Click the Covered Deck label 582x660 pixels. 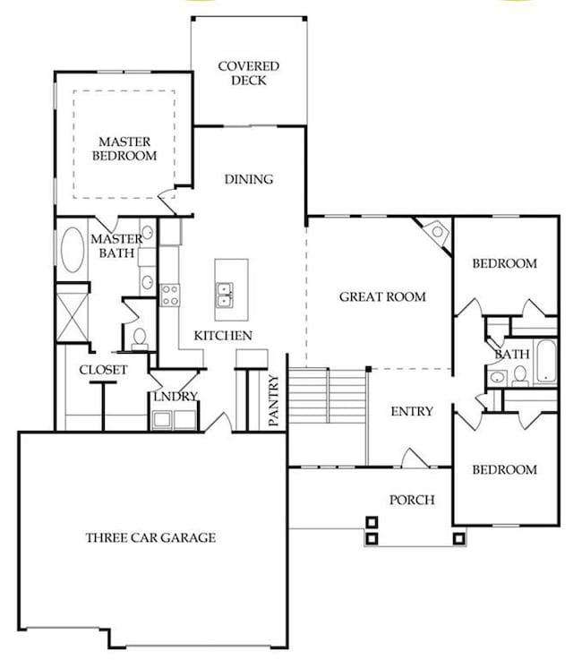point(248,73)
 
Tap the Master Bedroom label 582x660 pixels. point(124,149)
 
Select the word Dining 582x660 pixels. point(249,179)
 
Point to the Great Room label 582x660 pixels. point(382,296)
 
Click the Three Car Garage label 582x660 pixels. point(150,537)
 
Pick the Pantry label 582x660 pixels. point(273,400)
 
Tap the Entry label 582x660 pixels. point(412,411)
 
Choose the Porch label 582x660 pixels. point(412,500)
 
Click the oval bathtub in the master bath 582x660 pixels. point(73,250)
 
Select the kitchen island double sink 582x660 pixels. point(225,295)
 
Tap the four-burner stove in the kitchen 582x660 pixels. point(170,295)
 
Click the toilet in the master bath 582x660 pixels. point(140,339)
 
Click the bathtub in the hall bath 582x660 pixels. point(546,362)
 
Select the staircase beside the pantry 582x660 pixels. point(328,396)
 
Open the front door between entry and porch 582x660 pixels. point(415,459)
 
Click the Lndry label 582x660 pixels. point(175,397)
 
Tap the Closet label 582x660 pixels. point(103,370)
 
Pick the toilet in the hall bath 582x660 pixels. point(520,376)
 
